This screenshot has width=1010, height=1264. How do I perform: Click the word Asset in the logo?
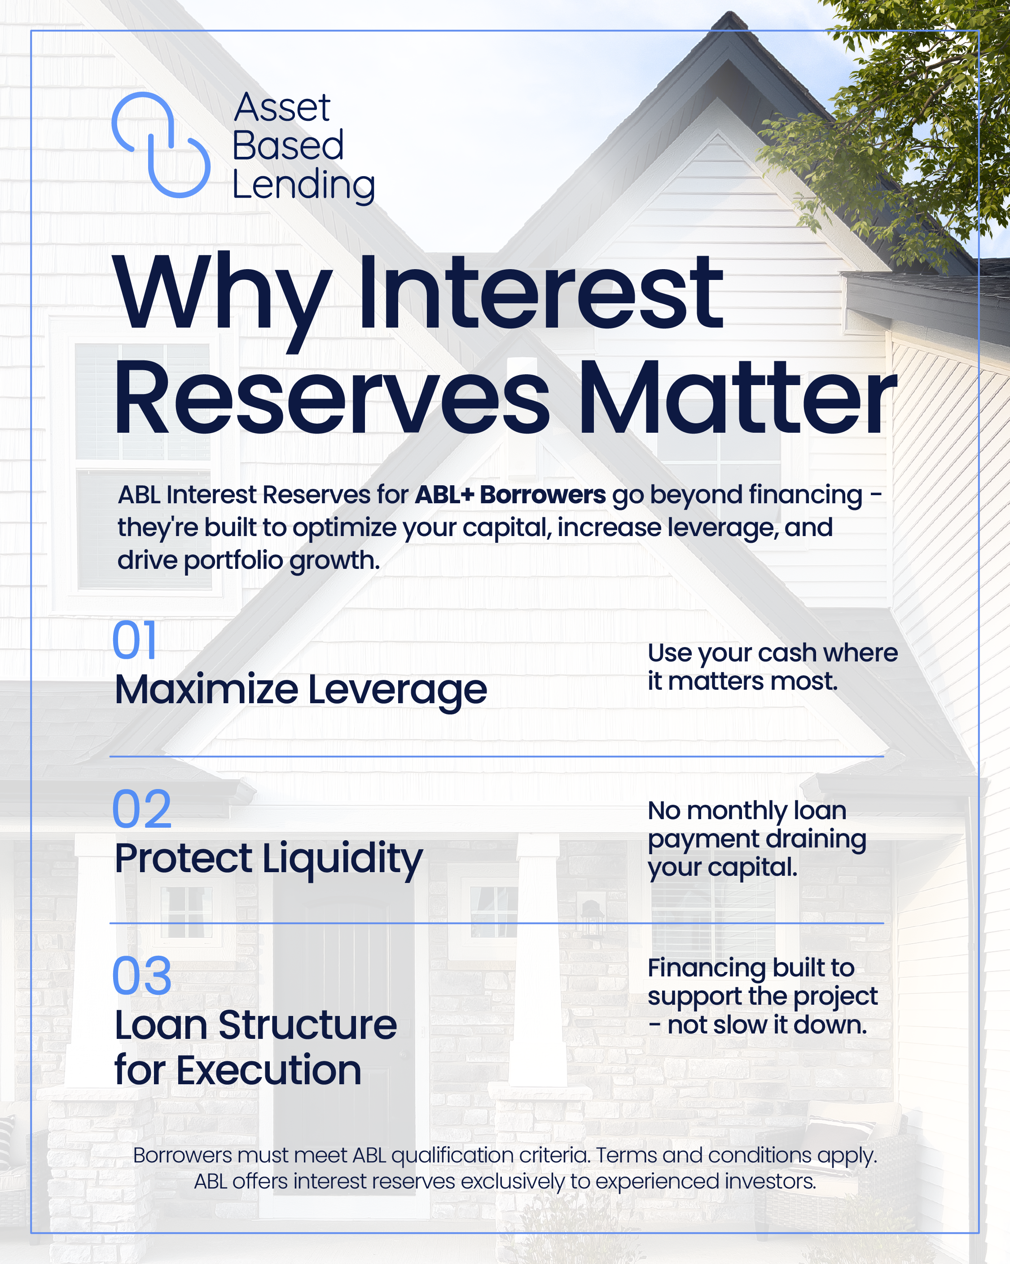pyautogui.click(x=282, y=108)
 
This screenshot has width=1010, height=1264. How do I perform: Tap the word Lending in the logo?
pyautogui.click(x=303, y=186)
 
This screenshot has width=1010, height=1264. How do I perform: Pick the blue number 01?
pyautogui.click(x=134, y=640)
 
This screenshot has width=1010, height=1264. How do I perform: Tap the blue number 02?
pyautogui.click(x=142, y=809)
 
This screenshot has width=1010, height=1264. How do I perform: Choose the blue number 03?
pyautogui.click(x=142, y=976)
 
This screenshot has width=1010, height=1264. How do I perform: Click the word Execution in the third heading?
pyautogui.click(x=269, y=1070)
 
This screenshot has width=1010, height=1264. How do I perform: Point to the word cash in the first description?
pyautogui.click(x=786, y=653)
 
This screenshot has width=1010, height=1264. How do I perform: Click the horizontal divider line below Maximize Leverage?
pyautogui.click(x=497, y=756)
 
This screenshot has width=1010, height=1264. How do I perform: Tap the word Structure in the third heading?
pyautogui.click(x=307, y=1026)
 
